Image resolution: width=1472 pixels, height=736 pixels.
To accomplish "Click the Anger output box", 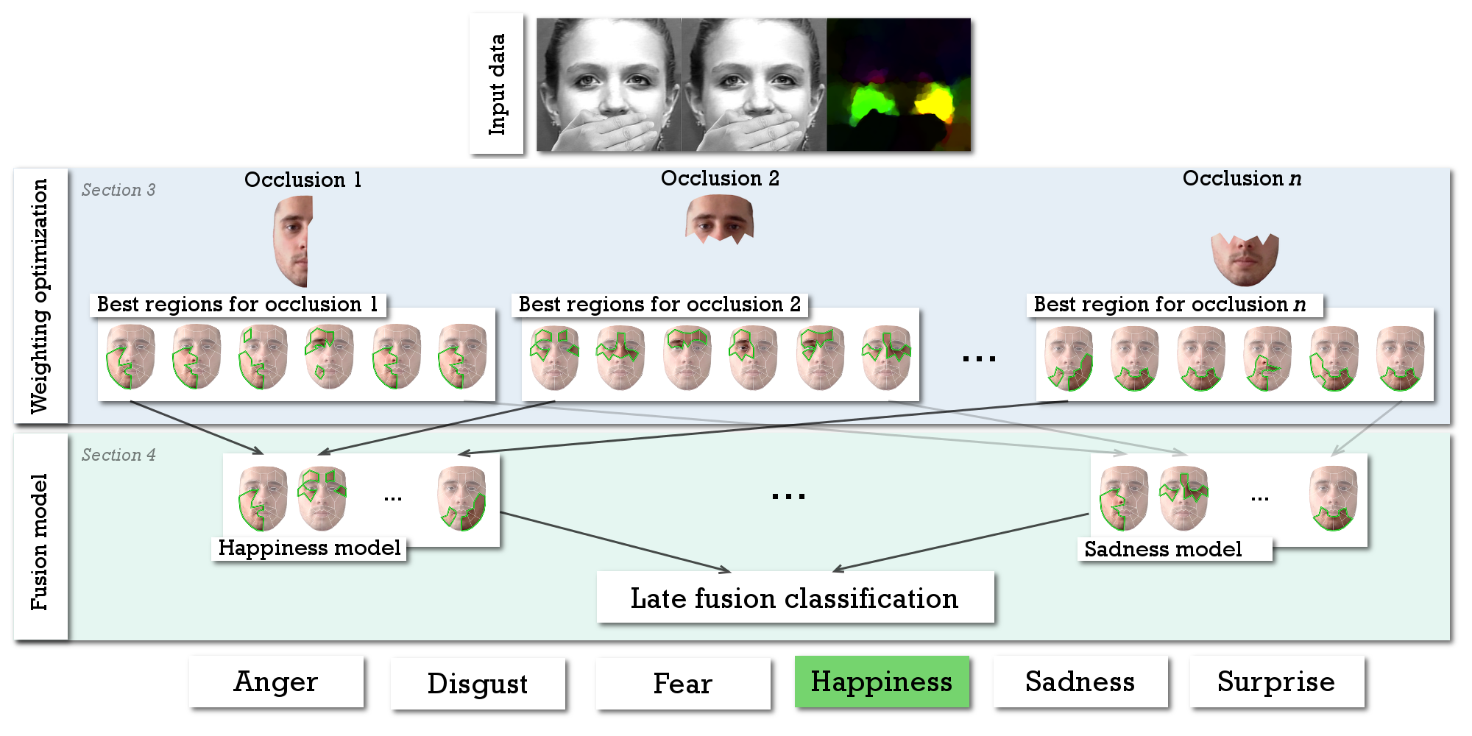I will coord(276,682).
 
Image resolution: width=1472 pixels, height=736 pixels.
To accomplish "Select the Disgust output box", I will coord(478,684).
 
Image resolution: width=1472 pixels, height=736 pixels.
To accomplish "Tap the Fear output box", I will coord(683,684).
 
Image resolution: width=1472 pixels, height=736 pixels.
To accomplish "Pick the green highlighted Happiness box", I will coord(882,682).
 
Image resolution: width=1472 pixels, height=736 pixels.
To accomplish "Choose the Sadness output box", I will coord(1080,682).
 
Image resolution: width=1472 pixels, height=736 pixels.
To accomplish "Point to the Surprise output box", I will coord(1276,682).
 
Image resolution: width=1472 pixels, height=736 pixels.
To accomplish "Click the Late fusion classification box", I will coord(795,598).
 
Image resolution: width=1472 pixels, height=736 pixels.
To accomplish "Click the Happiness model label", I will coord(309,548).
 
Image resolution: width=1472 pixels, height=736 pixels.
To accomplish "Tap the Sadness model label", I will coord(1164,549).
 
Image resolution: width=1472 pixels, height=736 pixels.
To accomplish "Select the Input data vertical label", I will coord(497,84).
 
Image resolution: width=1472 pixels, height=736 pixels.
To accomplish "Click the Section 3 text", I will coord(118,190).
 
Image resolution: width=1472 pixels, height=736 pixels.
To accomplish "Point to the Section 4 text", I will coord(118,455).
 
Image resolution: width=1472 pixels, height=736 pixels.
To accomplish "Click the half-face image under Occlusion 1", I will coord(294,241).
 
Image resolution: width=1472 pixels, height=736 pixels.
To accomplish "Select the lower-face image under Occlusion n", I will coord(1245,258).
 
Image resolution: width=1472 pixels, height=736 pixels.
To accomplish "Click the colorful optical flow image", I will coord(898,85).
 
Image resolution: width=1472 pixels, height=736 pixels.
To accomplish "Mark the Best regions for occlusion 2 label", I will coord(659,304).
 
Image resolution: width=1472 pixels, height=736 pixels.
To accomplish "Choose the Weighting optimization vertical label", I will coord(40,296).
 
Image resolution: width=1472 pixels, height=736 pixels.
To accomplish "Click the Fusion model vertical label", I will coord(40,541).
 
